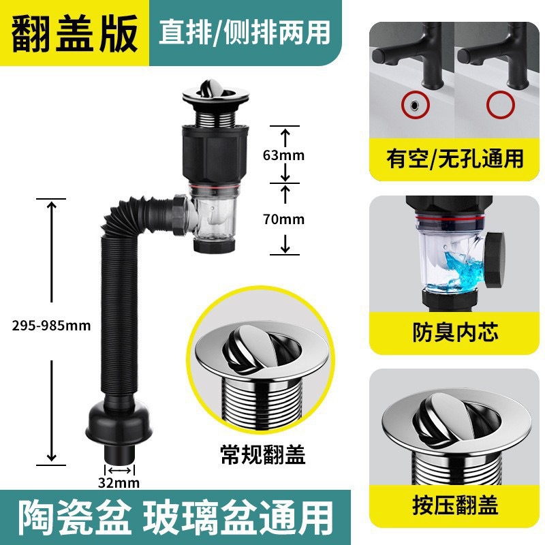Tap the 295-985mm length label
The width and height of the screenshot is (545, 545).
pos(50,325)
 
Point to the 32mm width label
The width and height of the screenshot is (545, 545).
pos(119,484)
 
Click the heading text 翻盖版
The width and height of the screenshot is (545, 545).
pos(75,34)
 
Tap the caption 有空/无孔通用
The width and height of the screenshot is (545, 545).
pos(455,159)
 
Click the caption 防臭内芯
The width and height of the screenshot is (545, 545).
pos(455,332)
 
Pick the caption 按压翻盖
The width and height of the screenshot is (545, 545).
pos(455,505)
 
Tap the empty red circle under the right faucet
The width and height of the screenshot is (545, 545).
pos(499,105)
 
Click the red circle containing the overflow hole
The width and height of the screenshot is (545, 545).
pos(412,105)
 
